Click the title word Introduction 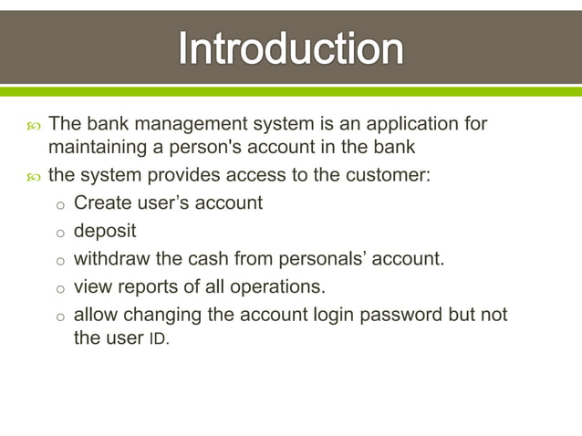click(290, 48)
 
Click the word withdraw click(109, 259)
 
